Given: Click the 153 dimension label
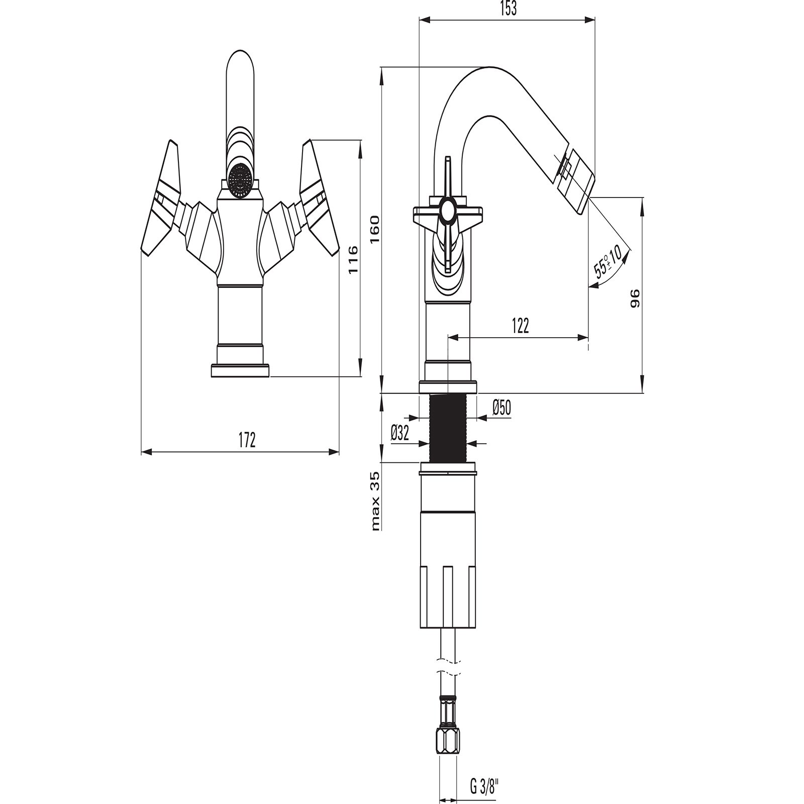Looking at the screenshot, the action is click(x=509, y=10).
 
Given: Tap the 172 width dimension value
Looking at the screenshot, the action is click(x=247, y=440).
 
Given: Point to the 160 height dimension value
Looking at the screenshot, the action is click(x=374, y=229).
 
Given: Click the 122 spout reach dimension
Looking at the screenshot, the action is click(x=521, y=326).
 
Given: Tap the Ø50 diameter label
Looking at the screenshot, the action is click(x=501, y=408).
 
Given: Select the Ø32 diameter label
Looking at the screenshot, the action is click(x=400, y=433).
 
